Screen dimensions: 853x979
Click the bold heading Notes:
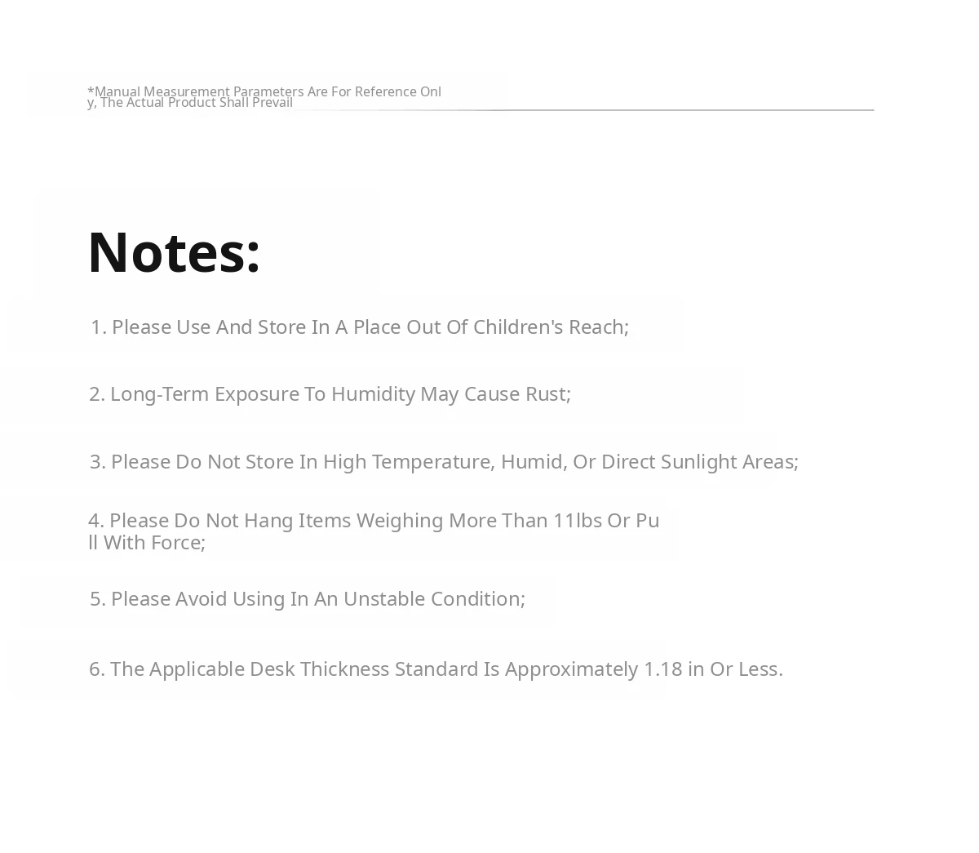(174, 252)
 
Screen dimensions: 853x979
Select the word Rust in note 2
(546, 394)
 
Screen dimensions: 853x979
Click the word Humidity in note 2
(373, 394)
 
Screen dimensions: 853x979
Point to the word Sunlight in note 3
(698, 462)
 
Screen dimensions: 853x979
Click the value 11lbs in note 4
(577, 521)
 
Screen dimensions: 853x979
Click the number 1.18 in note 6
(662, 669)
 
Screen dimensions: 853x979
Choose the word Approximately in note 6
(571, 669)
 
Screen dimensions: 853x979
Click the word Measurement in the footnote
(187, 91)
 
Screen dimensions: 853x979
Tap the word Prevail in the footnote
(272, 103)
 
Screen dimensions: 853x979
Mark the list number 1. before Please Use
(99, 327)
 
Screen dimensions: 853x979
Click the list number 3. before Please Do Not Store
(98, 462)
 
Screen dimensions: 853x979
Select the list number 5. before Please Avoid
(98, 599)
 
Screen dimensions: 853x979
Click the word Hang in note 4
(268, 521)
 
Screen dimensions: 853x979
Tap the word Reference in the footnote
(385, 91)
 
